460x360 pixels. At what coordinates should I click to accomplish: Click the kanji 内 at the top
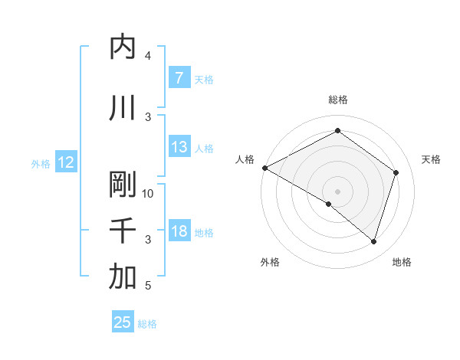tap(123, 47)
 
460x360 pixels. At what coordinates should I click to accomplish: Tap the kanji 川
tap(123, 109)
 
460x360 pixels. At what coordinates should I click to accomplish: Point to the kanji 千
tap(123, 231)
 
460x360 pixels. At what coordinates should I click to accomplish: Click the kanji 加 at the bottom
tap(123, 277)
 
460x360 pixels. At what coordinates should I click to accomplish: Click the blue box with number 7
tap(179, 78)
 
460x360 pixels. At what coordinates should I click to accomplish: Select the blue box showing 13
tap(179, 147)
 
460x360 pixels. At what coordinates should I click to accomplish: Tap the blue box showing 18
tap(179, 231)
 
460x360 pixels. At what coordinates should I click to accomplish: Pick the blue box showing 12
tap(66, 162)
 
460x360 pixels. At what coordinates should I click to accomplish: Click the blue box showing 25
tap(123, 322)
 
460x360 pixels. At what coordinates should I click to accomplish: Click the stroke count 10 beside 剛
tap(149, 193)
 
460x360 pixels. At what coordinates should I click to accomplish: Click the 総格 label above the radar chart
tap(337, 100)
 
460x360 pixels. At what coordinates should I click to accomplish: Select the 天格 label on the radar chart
tap(431, 159)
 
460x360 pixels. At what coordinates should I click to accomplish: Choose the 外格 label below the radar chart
tap(270, 262)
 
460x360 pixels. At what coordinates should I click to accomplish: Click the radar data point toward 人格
tap(264, 168)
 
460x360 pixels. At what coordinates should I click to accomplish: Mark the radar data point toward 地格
tap(373, 241)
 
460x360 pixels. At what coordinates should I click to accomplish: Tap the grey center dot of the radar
tap(337, 191)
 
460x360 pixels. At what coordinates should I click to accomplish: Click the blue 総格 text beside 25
tap(147, 324)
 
